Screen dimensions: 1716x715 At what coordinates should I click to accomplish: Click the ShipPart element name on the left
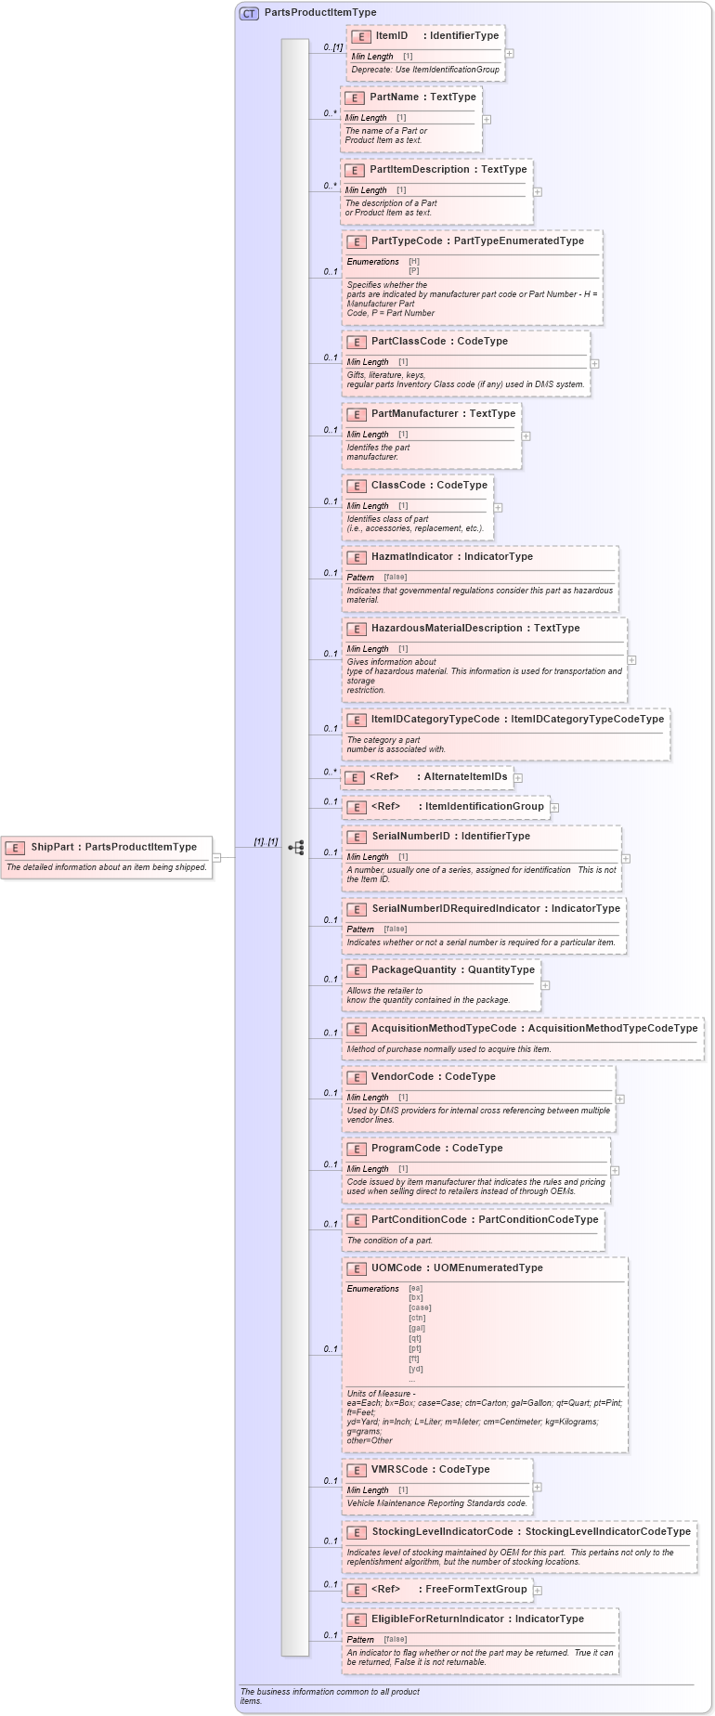pos(52,847)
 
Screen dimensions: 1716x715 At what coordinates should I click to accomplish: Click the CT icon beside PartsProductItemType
pos(249,13)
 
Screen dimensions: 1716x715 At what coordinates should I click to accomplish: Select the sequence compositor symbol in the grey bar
pos(296,848)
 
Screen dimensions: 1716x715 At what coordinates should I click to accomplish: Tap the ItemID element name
pos(391,35)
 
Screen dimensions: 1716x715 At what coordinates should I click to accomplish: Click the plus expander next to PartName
pos(487,119)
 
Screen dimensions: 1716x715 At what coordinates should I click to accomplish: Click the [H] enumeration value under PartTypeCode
pos(414,262)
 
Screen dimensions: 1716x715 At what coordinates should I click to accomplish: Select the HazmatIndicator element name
pos(411,556)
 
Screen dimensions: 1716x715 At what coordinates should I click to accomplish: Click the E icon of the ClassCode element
pos(357,486)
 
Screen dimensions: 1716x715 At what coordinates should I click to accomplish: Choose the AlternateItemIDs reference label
pos(465,776)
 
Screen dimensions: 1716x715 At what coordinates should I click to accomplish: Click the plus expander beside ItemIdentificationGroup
pos(554,808)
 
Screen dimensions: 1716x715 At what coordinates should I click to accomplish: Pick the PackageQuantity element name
pos(413,969)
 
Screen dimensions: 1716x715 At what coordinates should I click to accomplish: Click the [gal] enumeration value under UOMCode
pos(417,1328)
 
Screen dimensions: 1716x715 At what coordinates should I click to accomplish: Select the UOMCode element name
pos(396,1267)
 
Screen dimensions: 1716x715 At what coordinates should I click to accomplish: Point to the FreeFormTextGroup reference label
pos(475,1589)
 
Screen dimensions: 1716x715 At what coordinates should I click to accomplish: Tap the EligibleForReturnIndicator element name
pos(437,1618)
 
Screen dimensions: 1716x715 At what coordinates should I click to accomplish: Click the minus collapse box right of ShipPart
pos(216,857)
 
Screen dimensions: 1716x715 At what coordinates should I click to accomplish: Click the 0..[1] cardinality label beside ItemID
pos(332,46)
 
